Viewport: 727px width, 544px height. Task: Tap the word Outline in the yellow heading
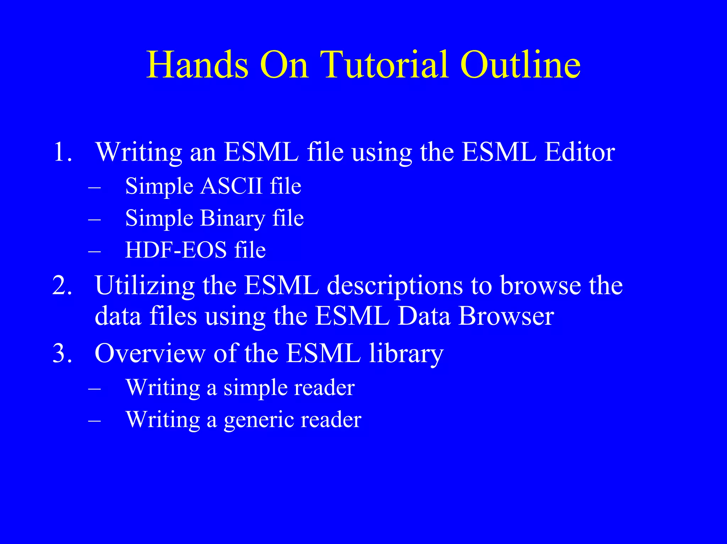pyautogui.click(x=520, y=65)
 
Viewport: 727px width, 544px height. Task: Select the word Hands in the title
pyautogui.click(x=197, y=65)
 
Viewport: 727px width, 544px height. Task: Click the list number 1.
pyautogui.click(x=62, y=152)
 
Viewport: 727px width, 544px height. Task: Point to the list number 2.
pyautogui.click(x=62, y=285)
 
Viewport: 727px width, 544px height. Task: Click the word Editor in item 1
pyautogui.click(x=580, y=152)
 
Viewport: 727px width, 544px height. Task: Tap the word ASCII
pyautogui.click(x=231, y=185)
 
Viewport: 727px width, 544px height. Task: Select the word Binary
pyautogui.click(x=232, y=218)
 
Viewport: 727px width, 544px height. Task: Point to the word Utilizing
pyautogui.click(x=144, y=286)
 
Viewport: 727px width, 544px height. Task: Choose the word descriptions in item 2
pyautogui.click(x=395, y=286)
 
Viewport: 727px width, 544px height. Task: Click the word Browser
pyautogui.click(x=506, y=316)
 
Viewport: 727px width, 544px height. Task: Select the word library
pyautogui.click(x=406, y=354)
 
